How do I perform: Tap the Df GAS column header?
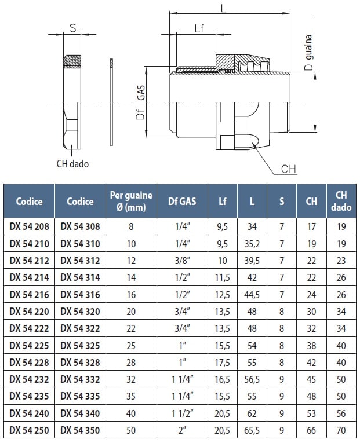(183, 202)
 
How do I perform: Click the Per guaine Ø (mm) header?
(131, 202)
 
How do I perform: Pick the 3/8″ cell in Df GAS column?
(183, 261)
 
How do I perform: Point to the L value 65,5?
(252, 430)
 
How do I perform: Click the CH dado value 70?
(341, 430)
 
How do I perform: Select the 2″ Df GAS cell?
(183, 430)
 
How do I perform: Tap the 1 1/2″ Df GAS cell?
(183, 413)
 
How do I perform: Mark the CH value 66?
(311, 430)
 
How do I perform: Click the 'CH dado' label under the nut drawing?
(72, 164)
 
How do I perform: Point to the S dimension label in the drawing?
(72, 28)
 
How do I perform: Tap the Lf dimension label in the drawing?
(199, 29)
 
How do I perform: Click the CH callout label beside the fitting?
(288, 169)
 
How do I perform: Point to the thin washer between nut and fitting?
(111, 102)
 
